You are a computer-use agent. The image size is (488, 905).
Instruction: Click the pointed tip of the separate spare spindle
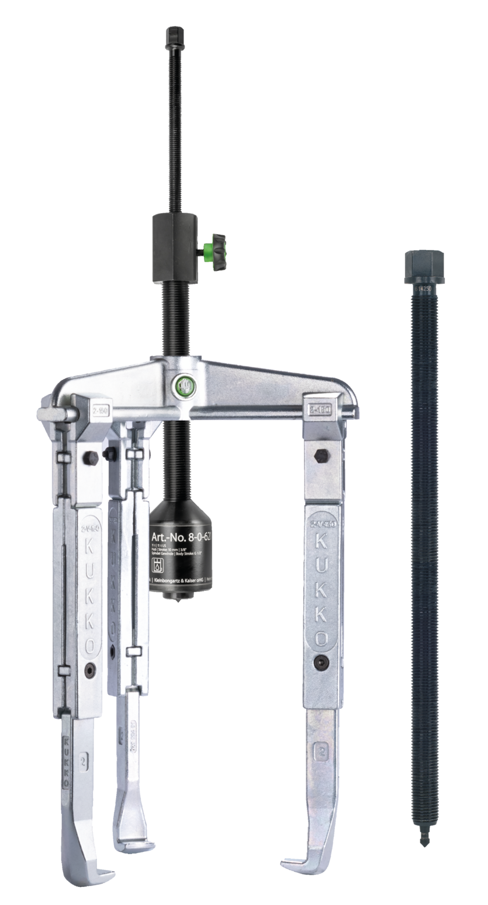pos(423,841)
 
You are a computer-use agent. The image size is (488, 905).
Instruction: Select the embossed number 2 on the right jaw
pos(320,750)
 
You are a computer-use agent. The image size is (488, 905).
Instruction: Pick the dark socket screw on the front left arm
pos(89,670)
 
